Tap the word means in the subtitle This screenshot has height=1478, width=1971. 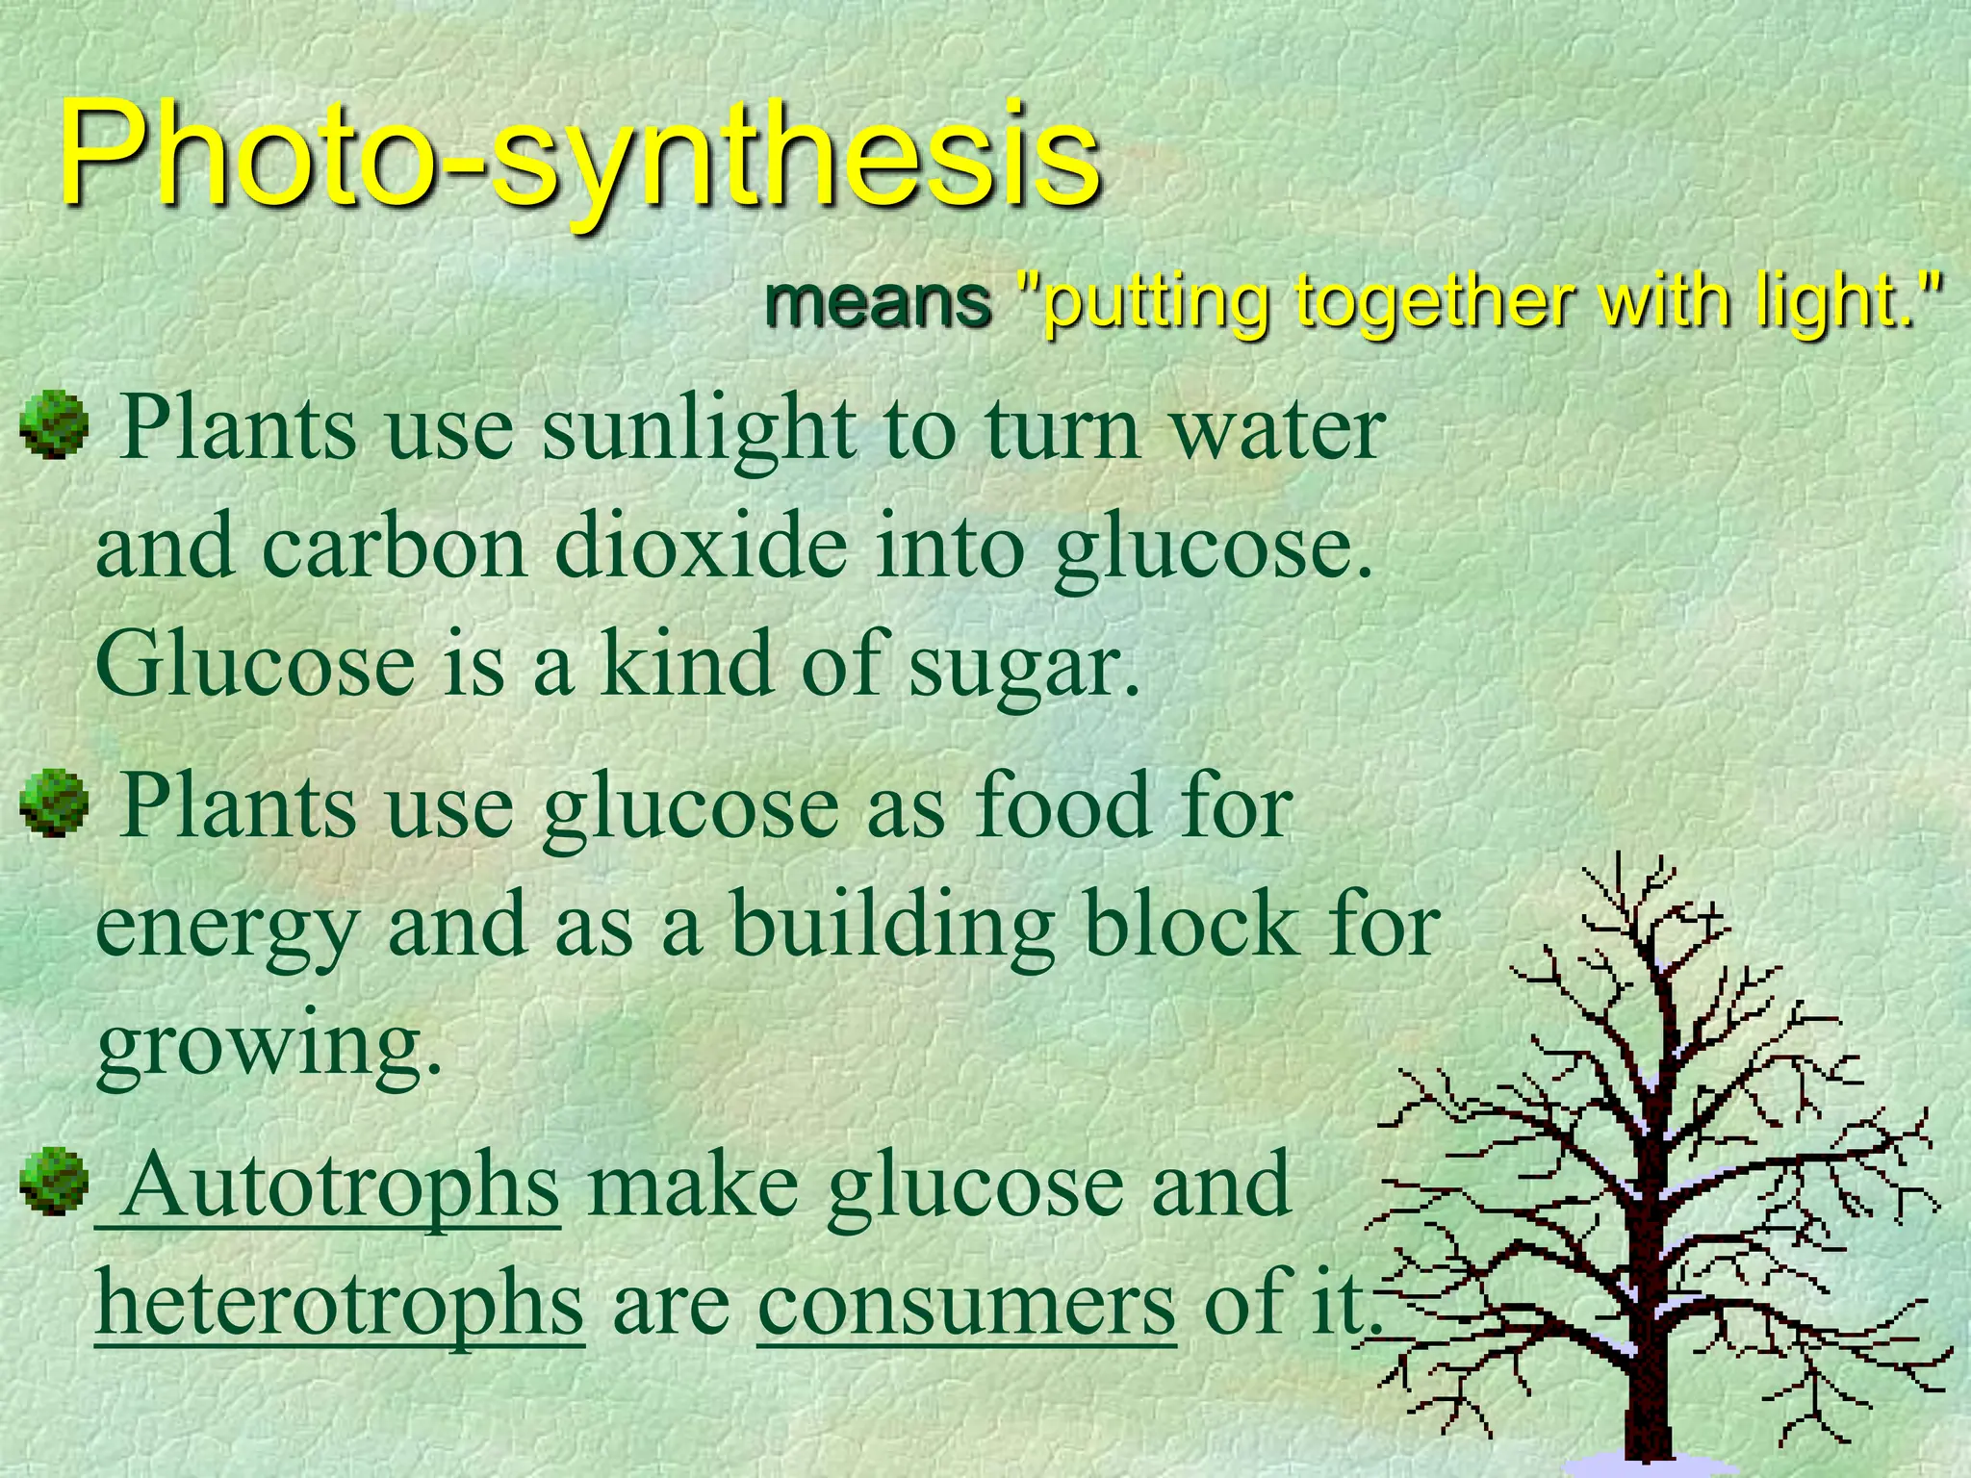point(878,301)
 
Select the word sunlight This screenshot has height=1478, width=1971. point(699,429)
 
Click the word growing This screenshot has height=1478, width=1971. point(269,1049)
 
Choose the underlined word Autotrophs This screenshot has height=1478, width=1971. point(341,1185)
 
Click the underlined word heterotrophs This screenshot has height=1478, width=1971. point(339,1303)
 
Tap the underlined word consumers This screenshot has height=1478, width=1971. point(966,1305)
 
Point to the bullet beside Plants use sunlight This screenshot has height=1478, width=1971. point(54,423)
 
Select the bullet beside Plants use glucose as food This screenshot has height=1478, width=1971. point(54,802)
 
